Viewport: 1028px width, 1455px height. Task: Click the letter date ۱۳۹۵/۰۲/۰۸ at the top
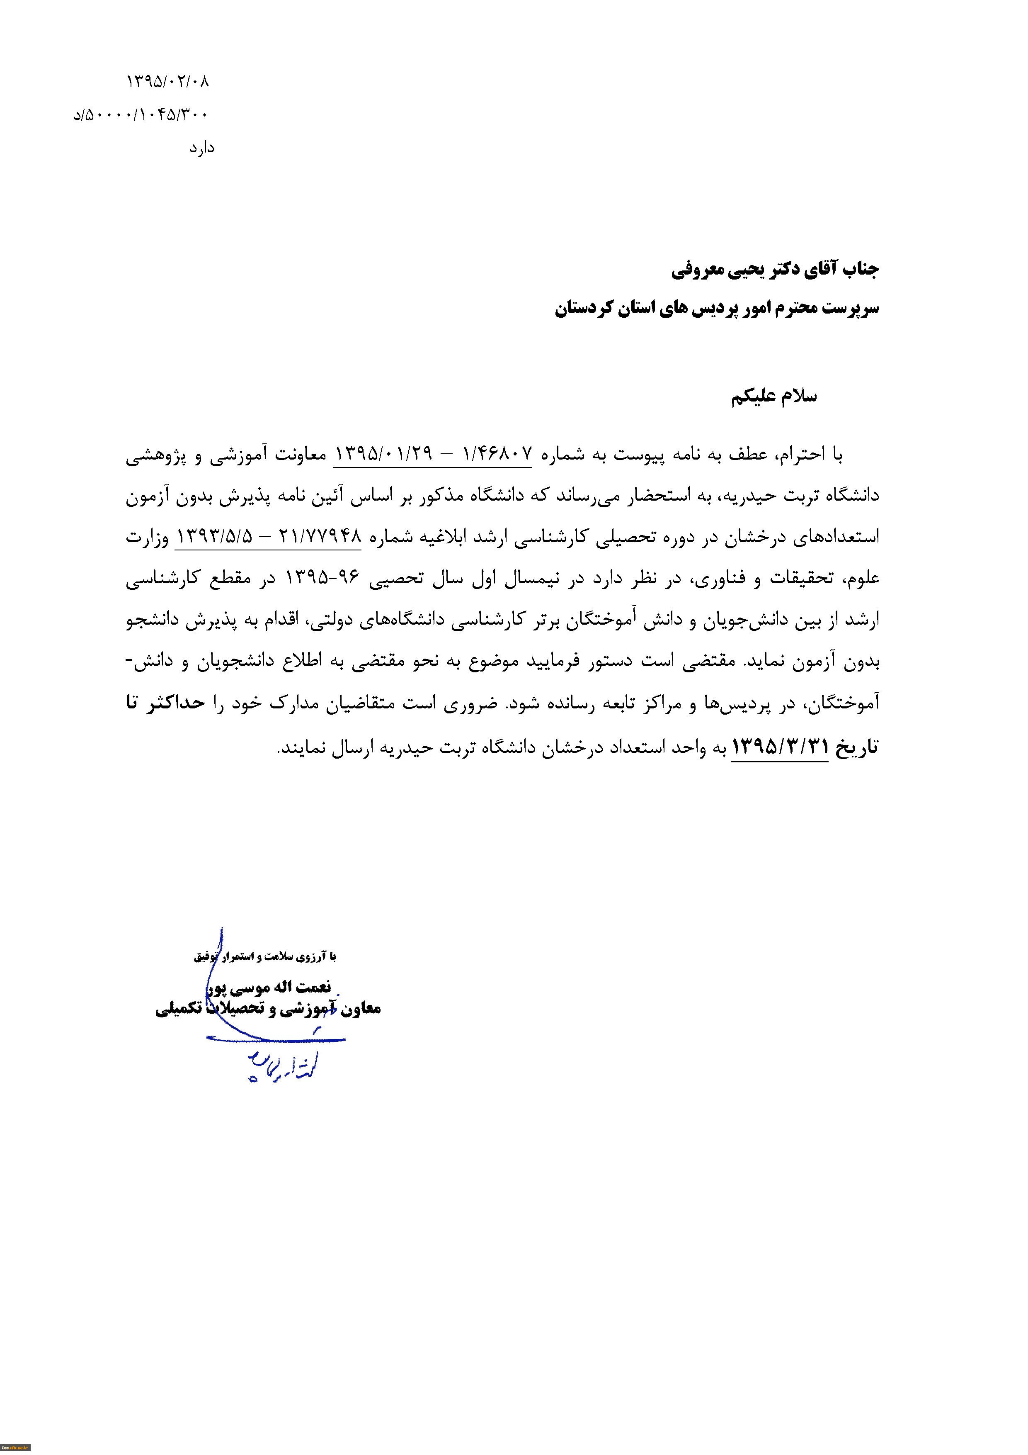168,81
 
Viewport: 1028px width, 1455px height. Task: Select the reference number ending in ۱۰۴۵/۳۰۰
141,115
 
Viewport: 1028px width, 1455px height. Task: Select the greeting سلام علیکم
773,397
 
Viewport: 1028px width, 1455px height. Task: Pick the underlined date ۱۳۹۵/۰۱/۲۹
383,454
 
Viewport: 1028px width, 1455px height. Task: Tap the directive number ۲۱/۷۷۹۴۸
320,537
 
